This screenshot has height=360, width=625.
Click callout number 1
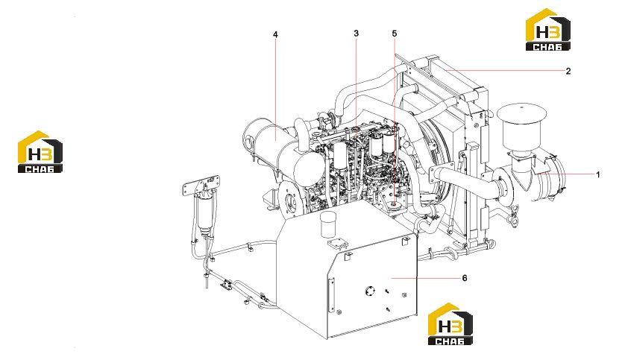(597, 174)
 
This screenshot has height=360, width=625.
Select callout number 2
(568, 71)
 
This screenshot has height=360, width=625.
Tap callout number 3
(356, 34)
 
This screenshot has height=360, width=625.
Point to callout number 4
(275, 34)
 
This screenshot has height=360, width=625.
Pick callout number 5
(395, 34)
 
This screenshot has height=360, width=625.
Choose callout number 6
(465, 278)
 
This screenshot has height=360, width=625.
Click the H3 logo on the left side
(40, 152)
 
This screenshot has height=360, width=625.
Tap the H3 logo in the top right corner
(548, 30)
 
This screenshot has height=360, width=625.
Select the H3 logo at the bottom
(450, 323)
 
